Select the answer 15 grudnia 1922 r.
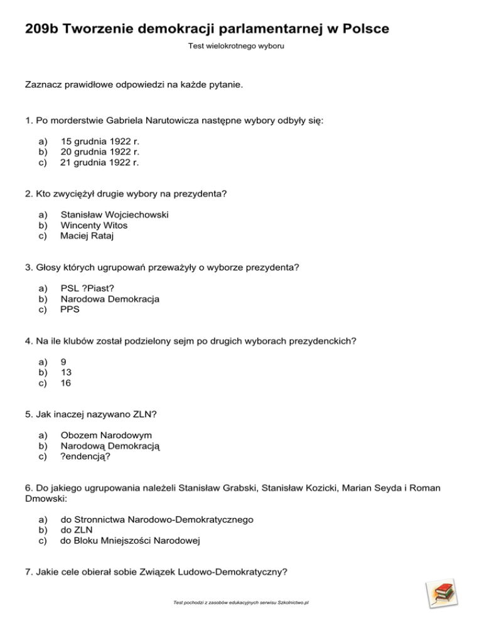[x=99, y=141]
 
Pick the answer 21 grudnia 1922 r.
[x=99, y=162]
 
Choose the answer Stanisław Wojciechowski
[x=114, y=215]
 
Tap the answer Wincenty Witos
[x=94, y=225]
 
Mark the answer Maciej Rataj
[x=87, y=236]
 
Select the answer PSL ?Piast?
[x=87, y=289]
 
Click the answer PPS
[x=70, y=309]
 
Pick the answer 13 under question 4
[x=66, y=372]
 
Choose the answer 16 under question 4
[x=66, y=383]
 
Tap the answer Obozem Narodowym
[x=106, y=436]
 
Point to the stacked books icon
[x=441, y=593]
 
